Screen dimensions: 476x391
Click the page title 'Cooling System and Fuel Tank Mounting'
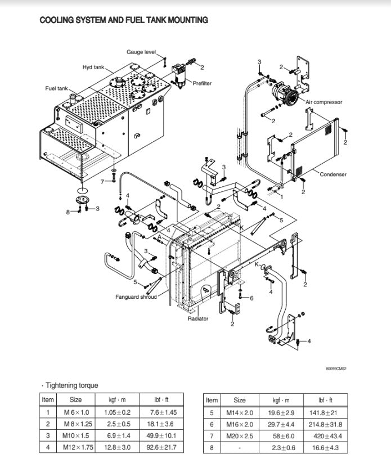pos(123,20)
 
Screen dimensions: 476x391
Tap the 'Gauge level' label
pos(141,52)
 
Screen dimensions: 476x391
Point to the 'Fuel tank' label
pos(56,88)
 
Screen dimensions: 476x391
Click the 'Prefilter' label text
pos(202,83)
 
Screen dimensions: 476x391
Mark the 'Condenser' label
pos(333,174)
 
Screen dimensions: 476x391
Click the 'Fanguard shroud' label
pos(136,297)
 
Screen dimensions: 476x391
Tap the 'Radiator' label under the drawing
pos(198,318)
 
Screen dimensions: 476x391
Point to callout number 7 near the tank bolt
pos(102,182)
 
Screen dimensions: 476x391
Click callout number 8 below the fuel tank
pos(68,212)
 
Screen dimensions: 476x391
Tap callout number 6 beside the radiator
pos(251,298)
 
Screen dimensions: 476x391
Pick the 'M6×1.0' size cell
pos(75,412)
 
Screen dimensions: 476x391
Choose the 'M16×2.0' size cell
pos(240,424)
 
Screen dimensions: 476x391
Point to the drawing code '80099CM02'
pos(335,369)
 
